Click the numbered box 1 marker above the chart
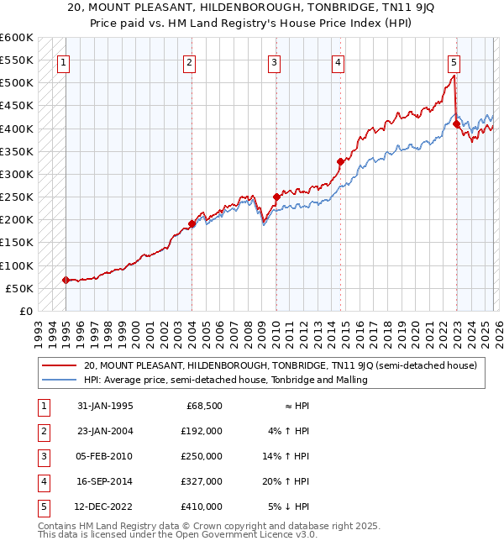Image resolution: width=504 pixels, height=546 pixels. click(x=65, y=61)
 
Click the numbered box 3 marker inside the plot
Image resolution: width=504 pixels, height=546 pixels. click(x=275, y=61)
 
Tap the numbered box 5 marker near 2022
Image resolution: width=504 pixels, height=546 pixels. click(x=454, y=61)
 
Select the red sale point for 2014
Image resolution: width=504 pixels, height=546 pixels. click(x=340, y=161)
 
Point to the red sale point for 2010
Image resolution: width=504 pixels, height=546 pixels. click(x=276, y=197)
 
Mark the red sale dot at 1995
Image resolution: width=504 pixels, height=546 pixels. click(x=66, y=280)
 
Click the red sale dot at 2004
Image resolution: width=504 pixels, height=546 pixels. click(x=192, y=223)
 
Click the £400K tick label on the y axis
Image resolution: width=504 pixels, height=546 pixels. click(x=17, y=129)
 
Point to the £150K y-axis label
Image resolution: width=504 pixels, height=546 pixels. click(x=17, y=243)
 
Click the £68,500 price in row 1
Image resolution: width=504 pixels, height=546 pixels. click(x=203, y=406)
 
